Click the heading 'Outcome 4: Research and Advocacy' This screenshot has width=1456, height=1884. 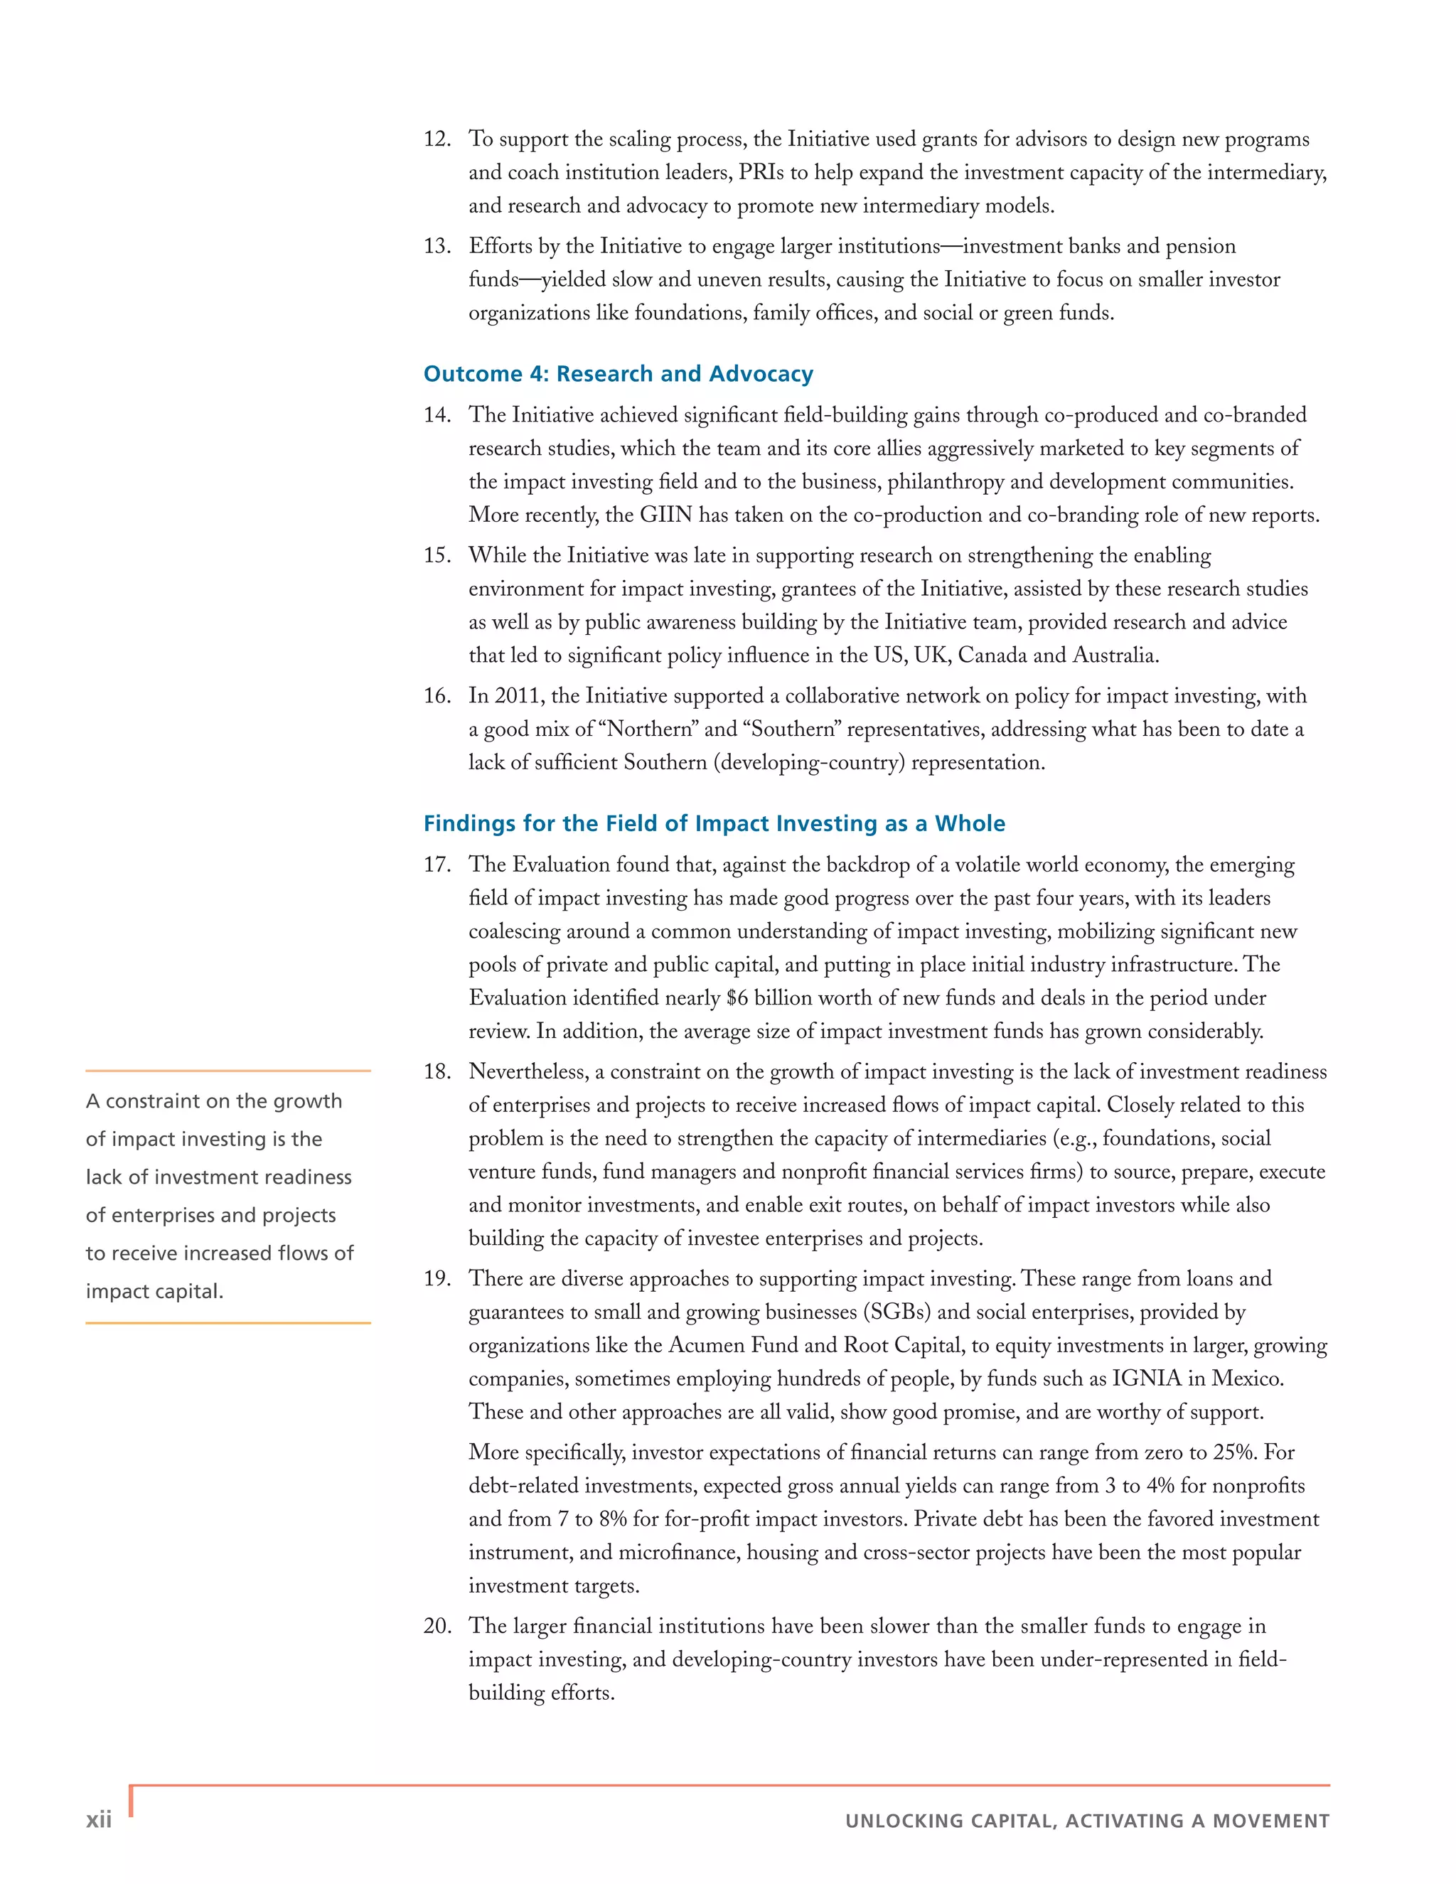618,373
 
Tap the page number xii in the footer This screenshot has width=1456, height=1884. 98,1819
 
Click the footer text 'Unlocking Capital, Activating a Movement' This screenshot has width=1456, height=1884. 1087,1820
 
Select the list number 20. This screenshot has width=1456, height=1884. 437,1626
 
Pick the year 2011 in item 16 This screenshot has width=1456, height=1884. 518,696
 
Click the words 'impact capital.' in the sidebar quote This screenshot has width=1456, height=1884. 154,1291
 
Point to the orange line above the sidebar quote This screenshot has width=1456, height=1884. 227,1071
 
